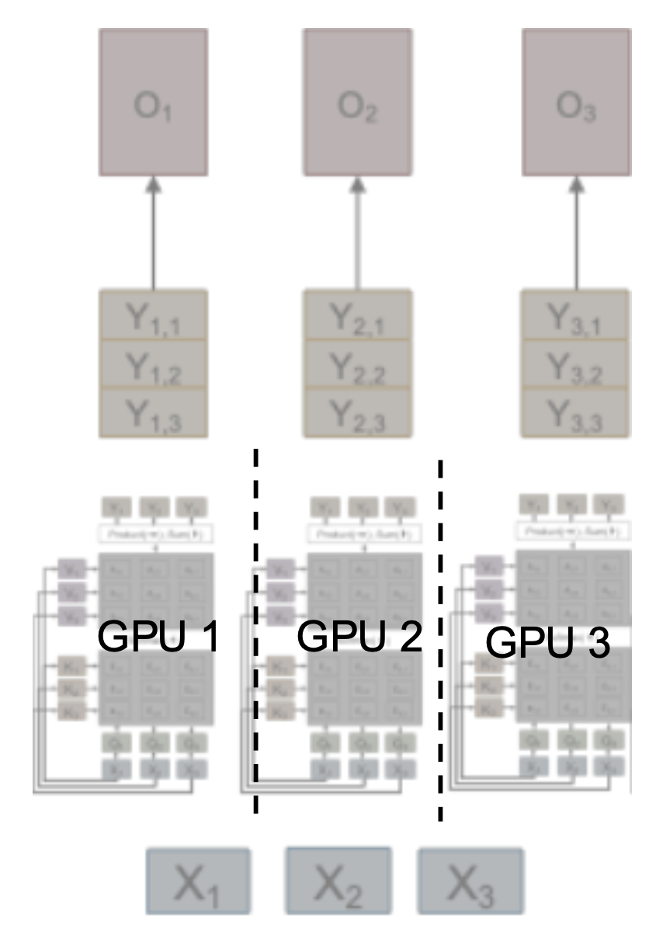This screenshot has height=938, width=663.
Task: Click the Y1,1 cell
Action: click(153, 316)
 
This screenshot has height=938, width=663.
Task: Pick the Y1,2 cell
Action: click(153, 363)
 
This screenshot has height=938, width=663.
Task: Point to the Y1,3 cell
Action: click(153, 410)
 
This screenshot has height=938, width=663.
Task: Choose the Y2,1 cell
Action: click(358, 316)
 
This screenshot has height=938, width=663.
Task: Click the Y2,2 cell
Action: click(358, 363)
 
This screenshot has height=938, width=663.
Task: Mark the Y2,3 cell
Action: click(358, 410)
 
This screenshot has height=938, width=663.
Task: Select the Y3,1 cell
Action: click(575, 316)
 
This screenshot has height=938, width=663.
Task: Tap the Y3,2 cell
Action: click(575, 363)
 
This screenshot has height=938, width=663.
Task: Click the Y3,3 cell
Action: click(575, 410)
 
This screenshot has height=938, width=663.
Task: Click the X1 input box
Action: click(198, 881)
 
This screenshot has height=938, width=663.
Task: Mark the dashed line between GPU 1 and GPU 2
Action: click(255, 629)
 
